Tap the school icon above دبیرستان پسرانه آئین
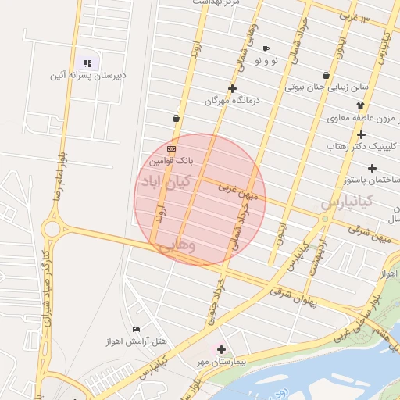click(87, 62)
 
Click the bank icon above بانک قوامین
click(172, 148)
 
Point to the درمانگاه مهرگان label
click(231, 101)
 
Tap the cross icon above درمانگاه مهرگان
click(232, 88)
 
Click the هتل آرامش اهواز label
click(137, 341)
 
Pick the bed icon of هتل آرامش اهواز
click(137, 329)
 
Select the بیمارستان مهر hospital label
click(222, 362)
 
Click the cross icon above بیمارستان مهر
click(222, 349)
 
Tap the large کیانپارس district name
click(346, 201)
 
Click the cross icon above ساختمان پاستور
click(372, 168)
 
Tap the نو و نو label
click(266, 61)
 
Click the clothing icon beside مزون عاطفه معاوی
click(360, 105)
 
